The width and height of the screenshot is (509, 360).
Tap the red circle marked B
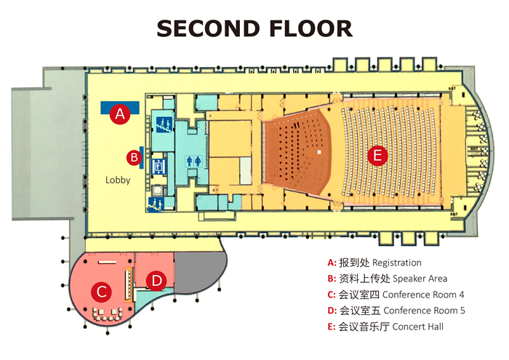point(133,156)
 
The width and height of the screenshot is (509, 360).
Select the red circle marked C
point(103,292)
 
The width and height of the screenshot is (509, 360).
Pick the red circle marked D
point(156,280)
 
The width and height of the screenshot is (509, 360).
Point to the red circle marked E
point(377,156)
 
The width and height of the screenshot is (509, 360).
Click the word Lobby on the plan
point(118,180)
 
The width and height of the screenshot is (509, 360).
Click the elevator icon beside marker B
point(157,164)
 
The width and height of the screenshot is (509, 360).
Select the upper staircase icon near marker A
point(162,124)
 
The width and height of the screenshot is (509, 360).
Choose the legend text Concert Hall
point(418,327)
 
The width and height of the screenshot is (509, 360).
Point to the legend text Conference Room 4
point(423,295)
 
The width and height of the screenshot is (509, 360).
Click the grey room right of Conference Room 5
point(196,269)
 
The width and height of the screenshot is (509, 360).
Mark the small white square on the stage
point(318,153)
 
